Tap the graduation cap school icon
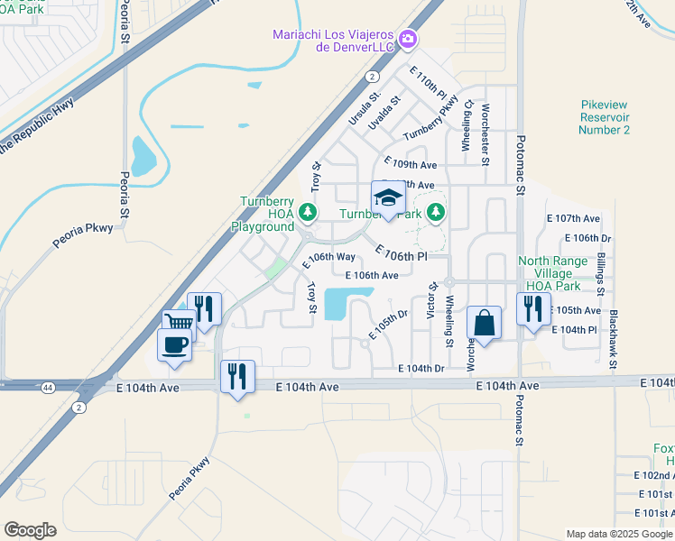point(387,198)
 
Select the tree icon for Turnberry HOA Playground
point(309,212)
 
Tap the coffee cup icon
point(173,343)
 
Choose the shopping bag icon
point(484,323)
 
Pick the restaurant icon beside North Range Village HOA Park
point(532,308)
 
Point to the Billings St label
point(601,274)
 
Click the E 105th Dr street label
point(387,323)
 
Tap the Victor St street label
point(433,299)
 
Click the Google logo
point(31,529)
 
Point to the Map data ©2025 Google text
point(618,534)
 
